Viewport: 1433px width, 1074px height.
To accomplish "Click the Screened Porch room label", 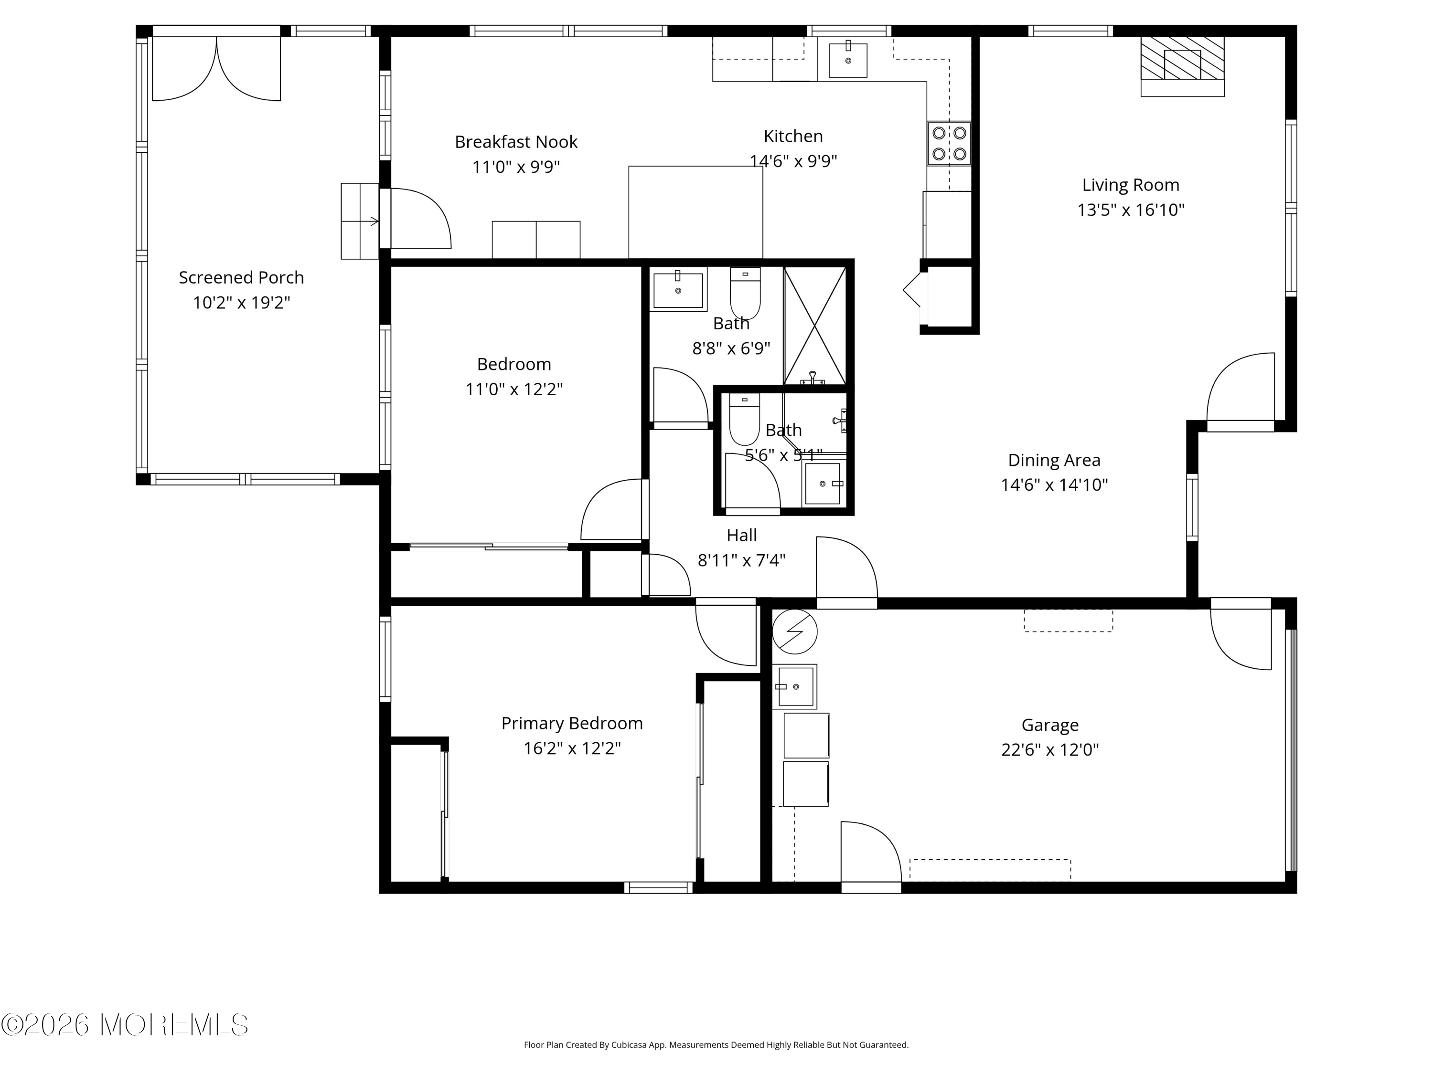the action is click(x=241, y=278).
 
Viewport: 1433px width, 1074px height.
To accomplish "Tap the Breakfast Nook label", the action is click(x=516, y=142).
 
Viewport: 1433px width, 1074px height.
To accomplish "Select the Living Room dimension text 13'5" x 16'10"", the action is click(x=1131, y=210).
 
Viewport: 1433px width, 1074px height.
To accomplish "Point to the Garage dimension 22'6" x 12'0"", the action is click(x=1049, y=750).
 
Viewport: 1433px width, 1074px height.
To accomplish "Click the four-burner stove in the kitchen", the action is click(x=949, y=143).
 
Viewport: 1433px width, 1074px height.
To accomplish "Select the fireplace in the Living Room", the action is click(x=1182, y=66).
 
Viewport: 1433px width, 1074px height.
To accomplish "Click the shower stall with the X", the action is click(x=814, y=325).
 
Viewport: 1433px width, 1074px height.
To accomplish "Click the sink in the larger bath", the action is click(x=678, y=289).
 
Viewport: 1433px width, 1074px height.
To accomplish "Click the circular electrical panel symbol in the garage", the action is click(x=795, y=631).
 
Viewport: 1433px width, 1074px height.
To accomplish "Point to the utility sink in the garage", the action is click(x=795, y=686).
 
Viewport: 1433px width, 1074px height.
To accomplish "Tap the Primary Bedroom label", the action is click(x=572, y=724).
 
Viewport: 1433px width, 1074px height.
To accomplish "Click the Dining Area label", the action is click(x=1054, y=460).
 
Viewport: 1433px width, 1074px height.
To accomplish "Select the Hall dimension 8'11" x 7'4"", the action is click(x=741, y=560).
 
